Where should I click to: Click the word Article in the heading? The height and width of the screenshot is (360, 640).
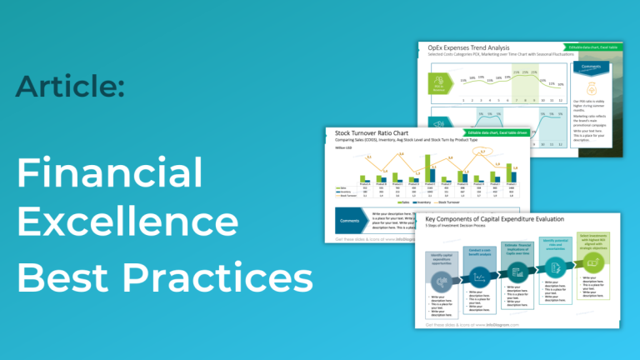tap(71, 86)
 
